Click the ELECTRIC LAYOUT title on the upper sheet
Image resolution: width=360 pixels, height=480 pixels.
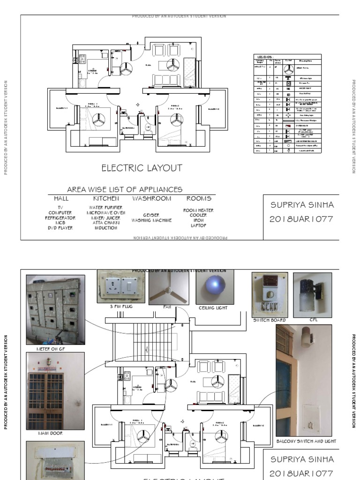142,168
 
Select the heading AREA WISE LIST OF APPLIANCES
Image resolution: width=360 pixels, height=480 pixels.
125,189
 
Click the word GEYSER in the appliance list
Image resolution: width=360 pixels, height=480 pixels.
151,215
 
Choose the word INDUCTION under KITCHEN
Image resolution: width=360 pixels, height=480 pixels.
105,228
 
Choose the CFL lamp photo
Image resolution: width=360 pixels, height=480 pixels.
312,294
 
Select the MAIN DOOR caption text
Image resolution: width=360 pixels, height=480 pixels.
50,434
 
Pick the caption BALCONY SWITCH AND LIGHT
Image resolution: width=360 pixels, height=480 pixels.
306,441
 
